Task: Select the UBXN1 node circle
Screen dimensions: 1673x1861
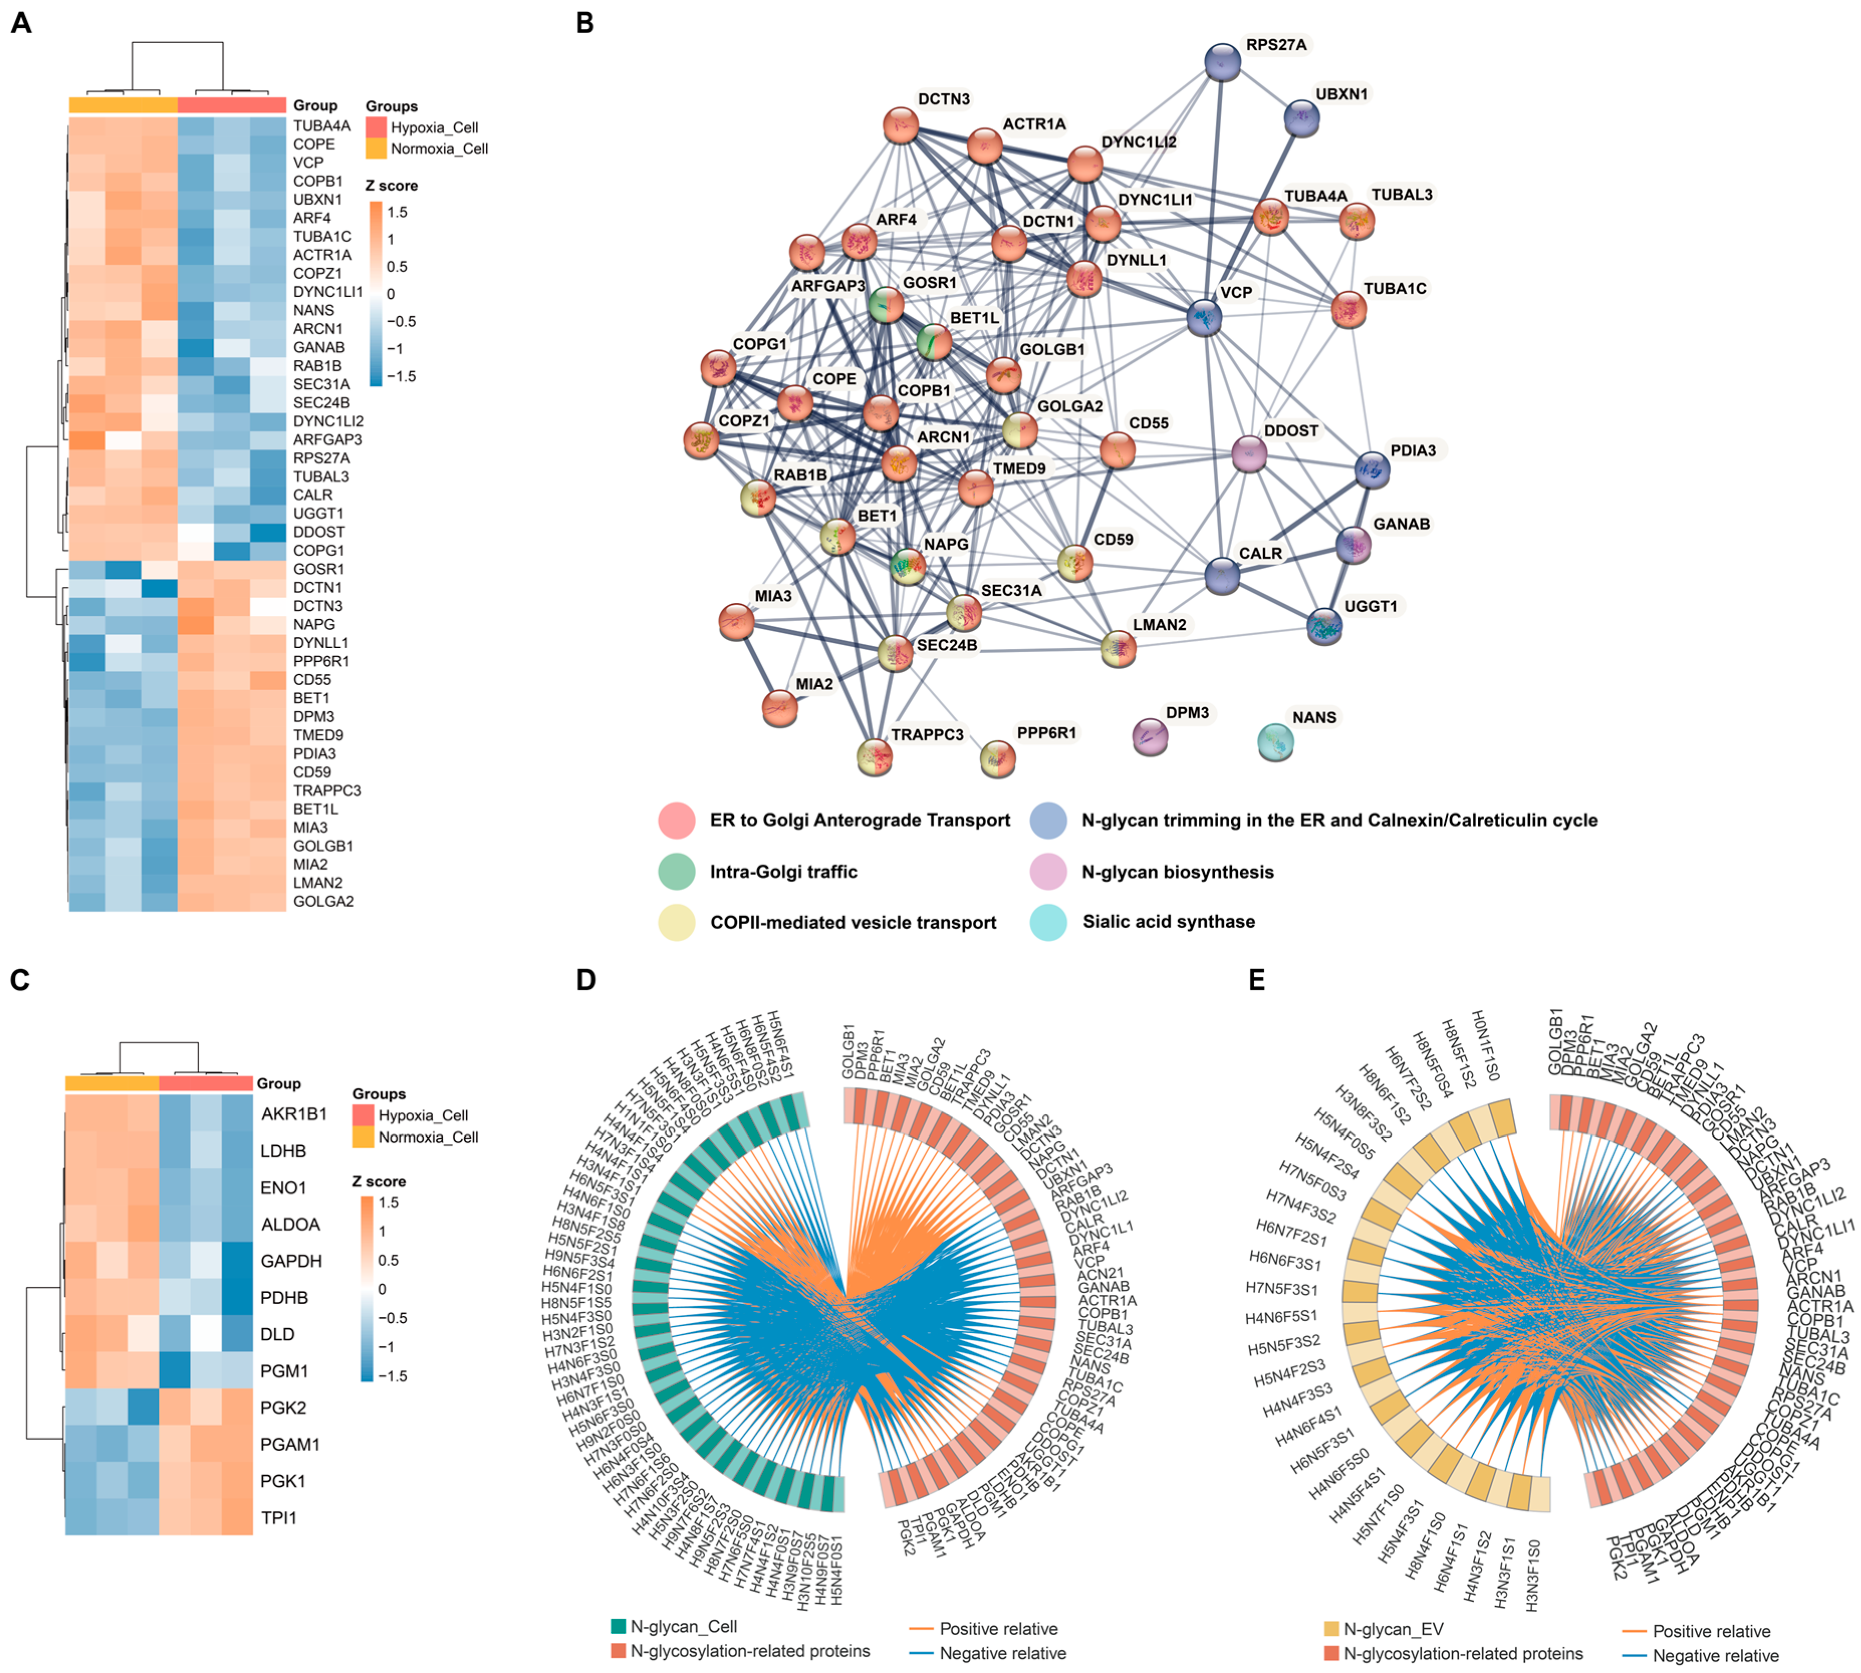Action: [1301, 117]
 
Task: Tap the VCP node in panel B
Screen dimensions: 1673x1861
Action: [1204, 317]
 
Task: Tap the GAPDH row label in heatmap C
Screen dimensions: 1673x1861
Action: [291, 1261]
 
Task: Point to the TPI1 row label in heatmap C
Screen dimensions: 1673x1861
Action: [279, 1518]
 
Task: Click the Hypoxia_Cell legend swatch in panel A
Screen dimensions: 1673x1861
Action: [376, 127]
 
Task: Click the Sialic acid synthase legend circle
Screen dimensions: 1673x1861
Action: [1047, 922]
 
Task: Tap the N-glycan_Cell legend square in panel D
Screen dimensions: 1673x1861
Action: [618, 1626]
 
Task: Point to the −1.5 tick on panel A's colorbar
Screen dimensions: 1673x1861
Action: [401, 376]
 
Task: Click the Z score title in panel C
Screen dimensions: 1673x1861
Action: [378, 1181]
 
